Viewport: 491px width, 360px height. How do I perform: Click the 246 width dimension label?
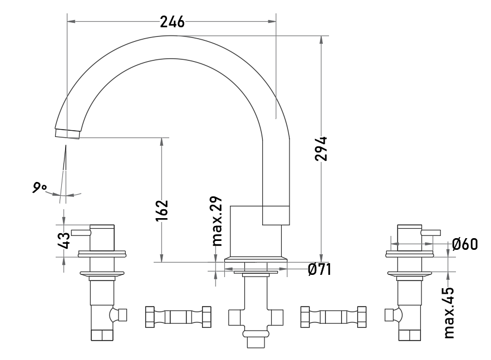[x=172, y=22]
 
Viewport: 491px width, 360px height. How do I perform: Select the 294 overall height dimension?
[x=321, y=149]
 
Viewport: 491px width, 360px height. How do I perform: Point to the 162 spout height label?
[x=162, y=210]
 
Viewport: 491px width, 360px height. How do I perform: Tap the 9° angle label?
[x=40, y=188]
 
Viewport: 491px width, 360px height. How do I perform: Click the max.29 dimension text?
[x=217, y=221]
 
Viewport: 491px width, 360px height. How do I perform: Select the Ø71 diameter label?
[x=320, y=269]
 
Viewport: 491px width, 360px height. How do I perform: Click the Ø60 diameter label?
[x=465, y=244]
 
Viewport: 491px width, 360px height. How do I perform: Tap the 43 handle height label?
[x=65, y=240]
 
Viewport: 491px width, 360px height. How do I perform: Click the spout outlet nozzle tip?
[x=67, y=134]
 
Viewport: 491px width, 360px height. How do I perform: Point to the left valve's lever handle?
[x=81, y=232]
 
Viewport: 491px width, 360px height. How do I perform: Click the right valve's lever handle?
[x=431, y=233]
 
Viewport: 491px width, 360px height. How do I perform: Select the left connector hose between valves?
[x=178, y=317]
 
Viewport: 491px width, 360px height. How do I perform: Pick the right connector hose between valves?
[x=333, y=317]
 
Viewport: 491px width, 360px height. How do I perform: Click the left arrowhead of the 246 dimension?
[x=71, y=21]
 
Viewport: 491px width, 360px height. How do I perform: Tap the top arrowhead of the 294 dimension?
[x=321, y=41]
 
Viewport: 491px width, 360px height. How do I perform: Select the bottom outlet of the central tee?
[x=256, y=342]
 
